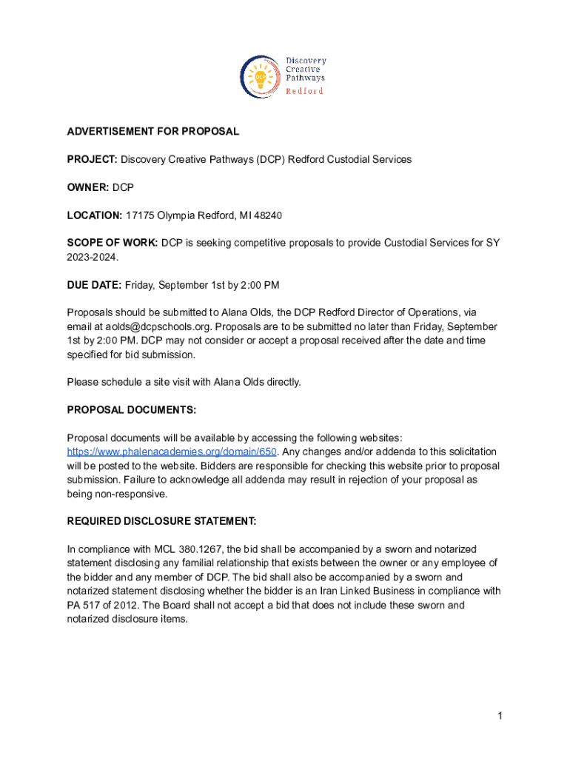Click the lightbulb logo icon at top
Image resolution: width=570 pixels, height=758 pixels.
[x=260, y=76]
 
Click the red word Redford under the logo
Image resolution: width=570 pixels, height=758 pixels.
[x=304, y=91]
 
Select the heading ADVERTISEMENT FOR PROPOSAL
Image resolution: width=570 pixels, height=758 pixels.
[x=153, y=131]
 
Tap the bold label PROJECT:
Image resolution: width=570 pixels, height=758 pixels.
[x=93, y=159]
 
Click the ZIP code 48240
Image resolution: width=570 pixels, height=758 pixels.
[x=268, y=215]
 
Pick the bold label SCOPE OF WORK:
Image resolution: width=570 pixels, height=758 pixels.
[x=113, y=243]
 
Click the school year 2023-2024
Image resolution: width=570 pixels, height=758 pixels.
[x=93, y=257]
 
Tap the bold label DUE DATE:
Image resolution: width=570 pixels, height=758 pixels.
[x=94, y=285]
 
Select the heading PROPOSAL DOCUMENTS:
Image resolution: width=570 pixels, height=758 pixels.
[x=132, y=409]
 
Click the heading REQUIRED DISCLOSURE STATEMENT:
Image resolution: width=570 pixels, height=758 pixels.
[x=161, y=521]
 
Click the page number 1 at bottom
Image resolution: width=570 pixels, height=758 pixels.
[x=500, y=715]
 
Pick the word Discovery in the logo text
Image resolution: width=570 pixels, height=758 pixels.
[x=306, y=61]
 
